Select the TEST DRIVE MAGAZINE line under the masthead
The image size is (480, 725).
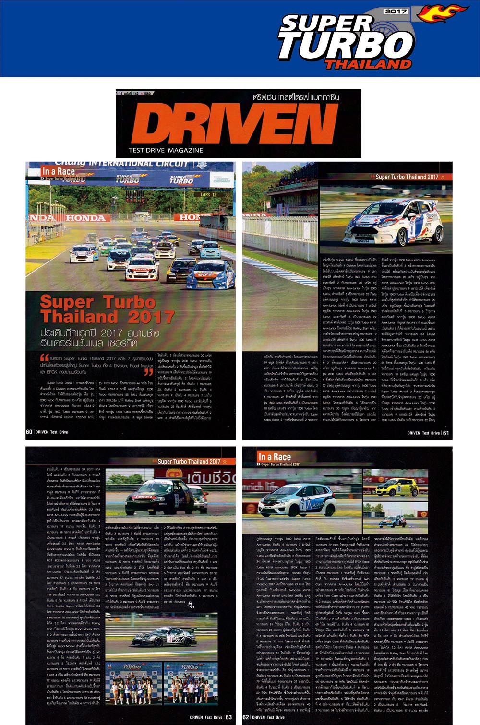pyautogui.click(x=166, y=150)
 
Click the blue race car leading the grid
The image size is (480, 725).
pyautogui.click(x=210, y=274)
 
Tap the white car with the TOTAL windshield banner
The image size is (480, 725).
pyautogui.click(x=142, y=269)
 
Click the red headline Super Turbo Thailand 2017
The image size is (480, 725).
pyautogui.click(x=107, y=309)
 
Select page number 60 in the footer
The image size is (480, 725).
pyautogui.click(x=29, y=432)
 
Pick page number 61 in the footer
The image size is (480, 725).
pyautogui.click(x=446, y=433)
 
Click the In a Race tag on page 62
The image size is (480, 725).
pyautogui.click(x=275, y=457)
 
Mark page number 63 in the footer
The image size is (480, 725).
pyautogui.click(x=228, y=717)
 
